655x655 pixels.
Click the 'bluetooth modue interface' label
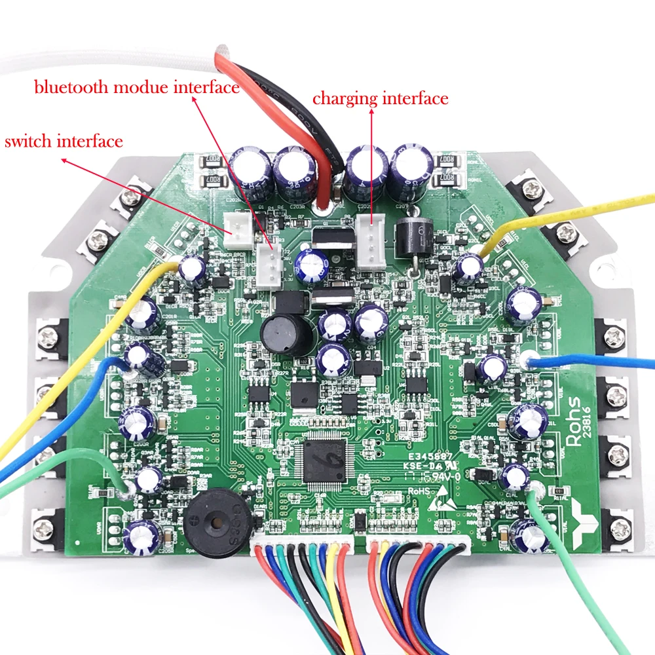point(136,87)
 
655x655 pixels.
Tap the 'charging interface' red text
point(380,99)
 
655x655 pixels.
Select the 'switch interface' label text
point(64,141)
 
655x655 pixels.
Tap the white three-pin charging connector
point(371,242)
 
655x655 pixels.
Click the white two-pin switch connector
point(236,225)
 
